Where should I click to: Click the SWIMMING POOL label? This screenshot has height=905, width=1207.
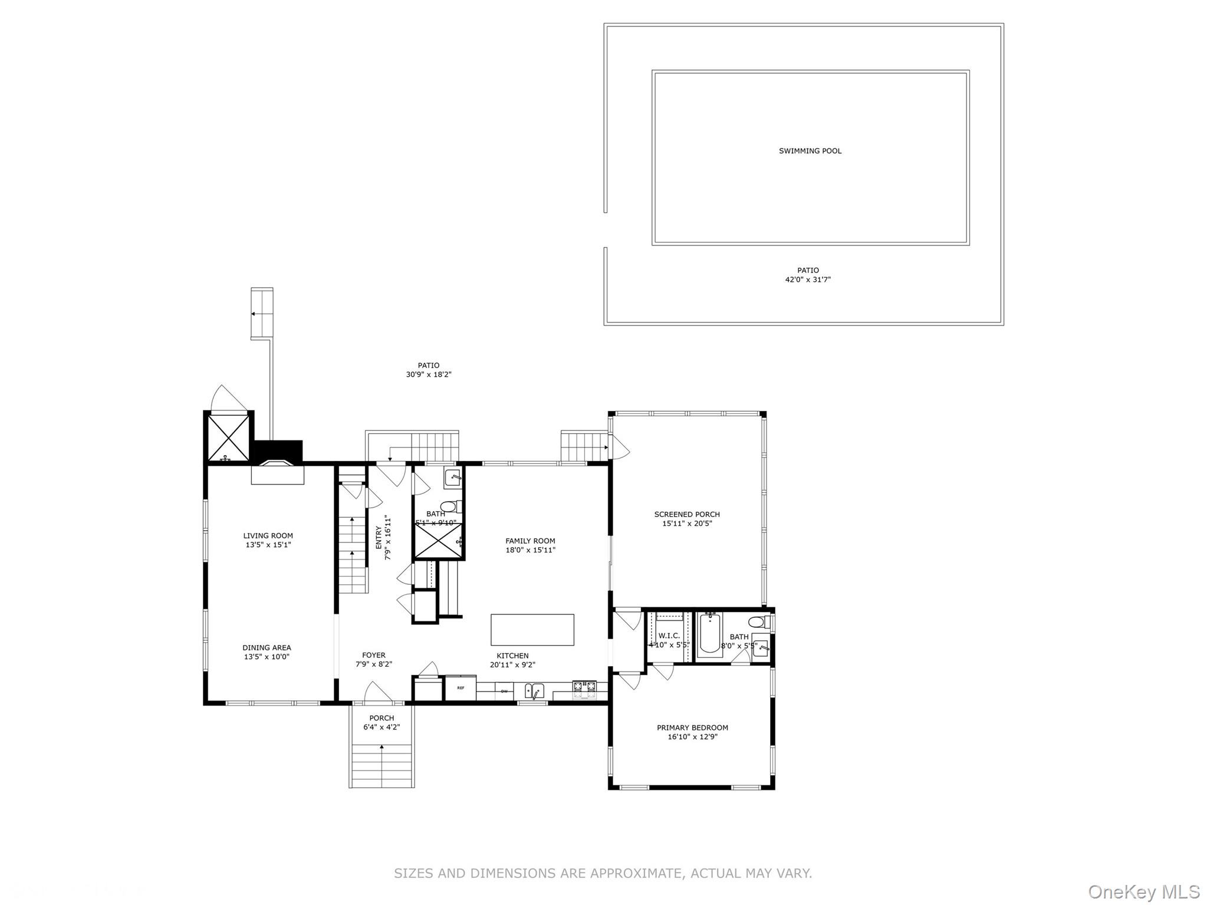(x=810, y=151)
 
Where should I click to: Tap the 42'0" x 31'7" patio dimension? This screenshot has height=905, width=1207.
(x=807, y=279)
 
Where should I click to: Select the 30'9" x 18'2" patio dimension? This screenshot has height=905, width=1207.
(x=428, y=374)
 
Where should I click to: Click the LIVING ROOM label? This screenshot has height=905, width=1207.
(x=268, y=536)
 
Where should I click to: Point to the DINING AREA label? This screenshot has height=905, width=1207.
(x=267, y=647)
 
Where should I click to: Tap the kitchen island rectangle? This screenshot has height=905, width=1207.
(x=532, y=630)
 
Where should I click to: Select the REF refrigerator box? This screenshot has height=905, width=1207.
(x=460, y=688)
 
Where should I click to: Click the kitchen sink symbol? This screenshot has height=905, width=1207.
(x=534, y=690)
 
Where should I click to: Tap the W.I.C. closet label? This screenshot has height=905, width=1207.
(x=669, y=636)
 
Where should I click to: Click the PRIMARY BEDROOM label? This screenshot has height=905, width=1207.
(x=692, y=728)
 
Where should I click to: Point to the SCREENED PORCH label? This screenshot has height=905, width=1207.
(x=686, y=514)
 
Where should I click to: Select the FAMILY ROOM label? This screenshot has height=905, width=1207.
(x=529, y=541)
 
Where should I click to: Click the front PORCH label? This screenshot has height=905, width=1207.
(x=381, y=718)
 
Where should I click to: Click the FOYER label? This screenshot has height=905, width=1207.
(x=373, y=655)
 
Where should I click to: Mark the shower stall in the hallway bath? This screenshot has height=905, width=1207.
(x=438, y=541)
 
